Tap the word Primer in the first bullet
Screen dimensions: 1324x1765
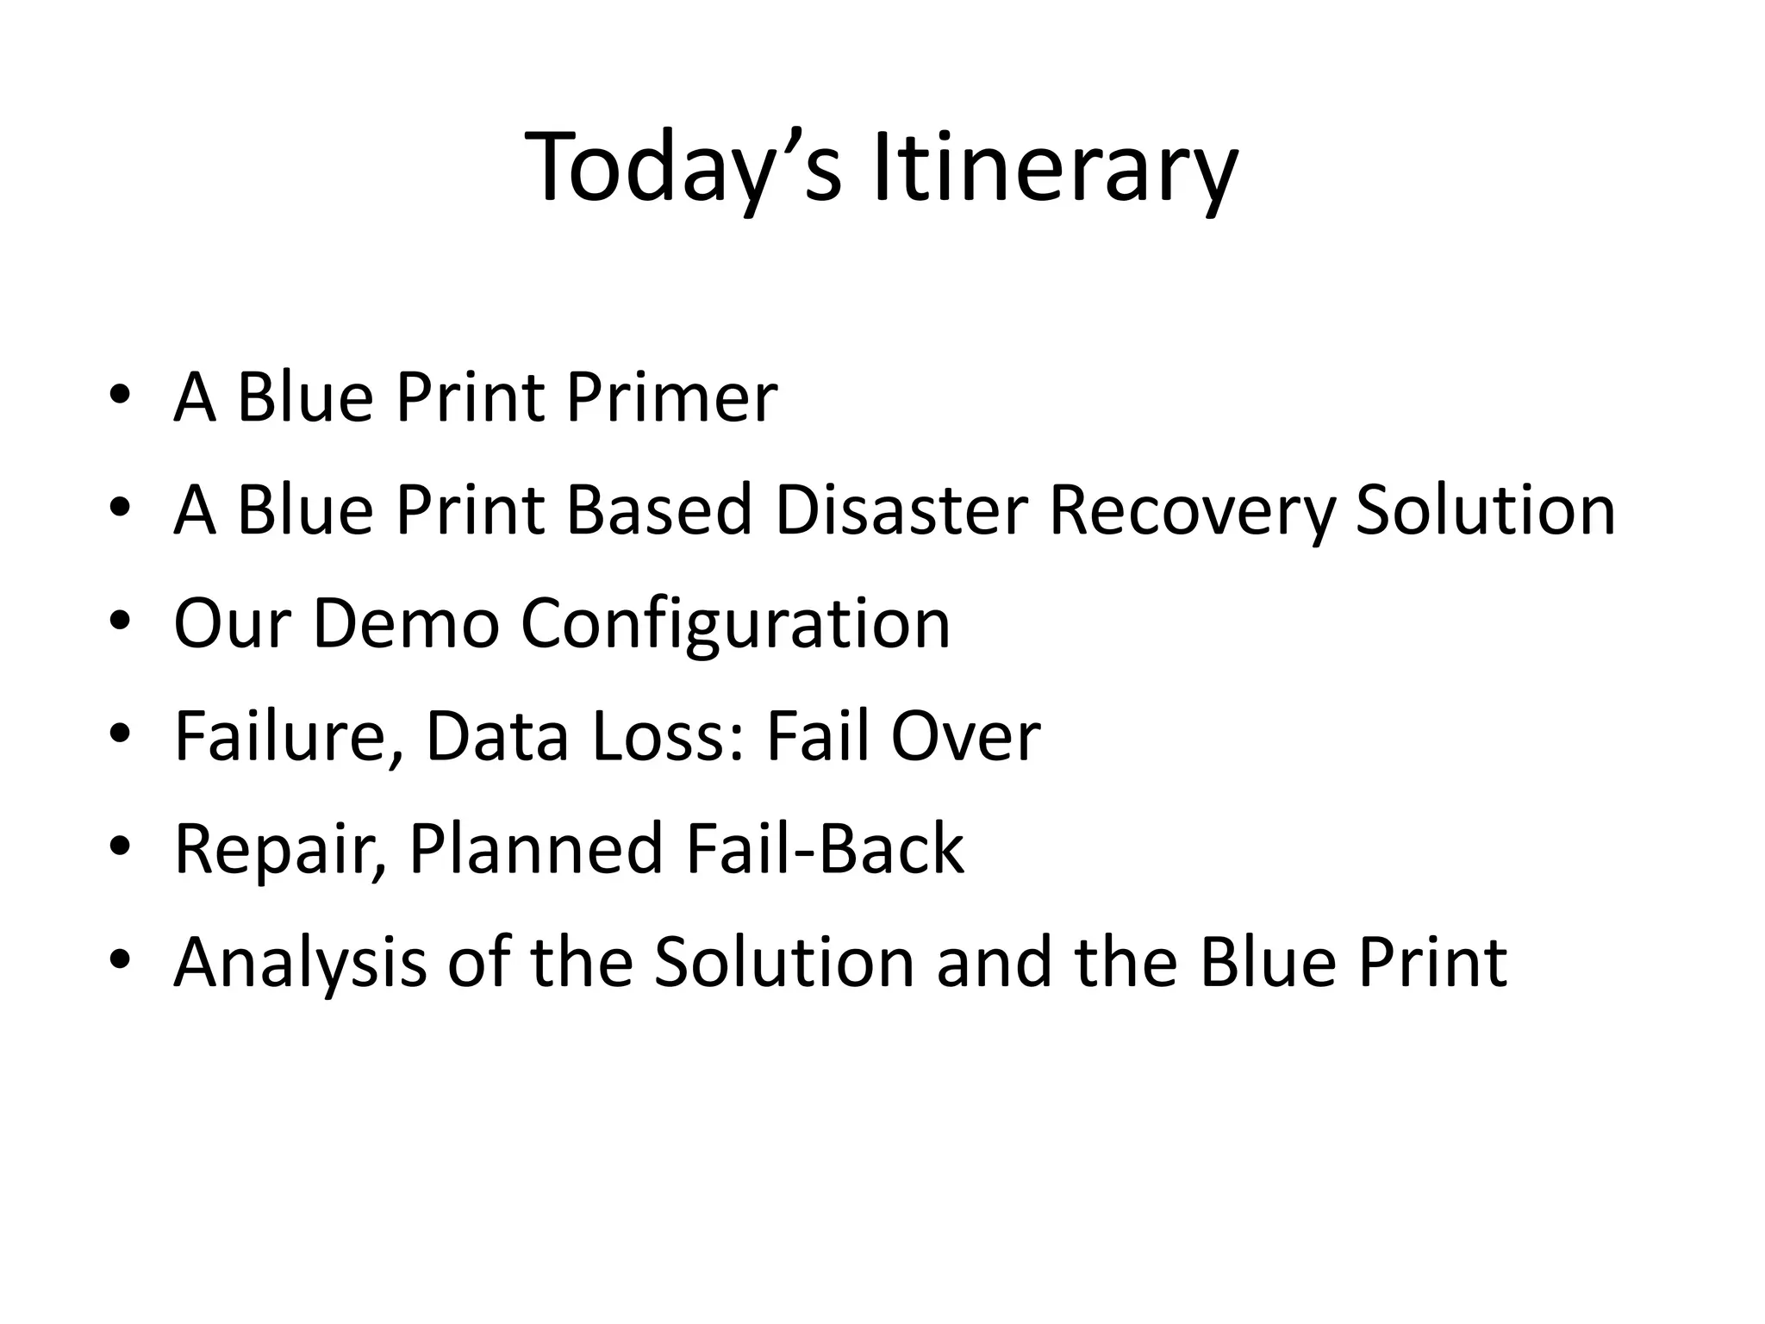point(671,398)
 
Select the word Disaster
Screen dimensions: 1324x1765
point(901,510)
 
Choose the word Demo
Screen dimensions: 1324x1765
point(406,623)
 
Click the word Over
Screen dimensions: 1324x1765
point(965,736)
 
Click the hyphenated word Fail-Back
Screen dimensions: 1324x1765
point(826,849)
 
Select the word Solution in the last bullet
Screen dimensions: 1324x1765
point(784,962)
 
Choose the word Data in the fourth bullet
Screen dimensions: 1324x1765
point(497,736)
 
